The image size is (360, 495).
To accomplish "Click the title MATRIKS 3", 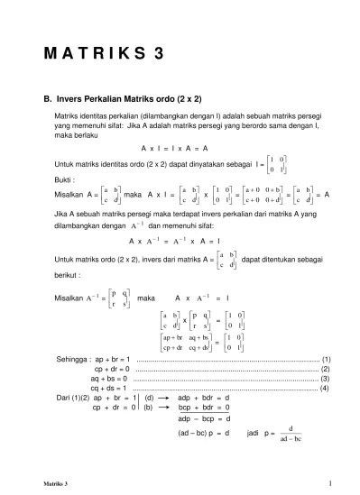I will tap(104, 53).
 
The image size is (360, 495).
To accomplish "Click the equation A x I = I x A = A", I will tap(175, 147).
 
